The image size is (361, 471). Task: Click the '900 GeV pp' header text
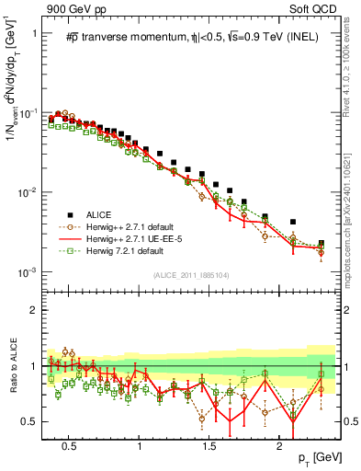pos(70,9)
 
